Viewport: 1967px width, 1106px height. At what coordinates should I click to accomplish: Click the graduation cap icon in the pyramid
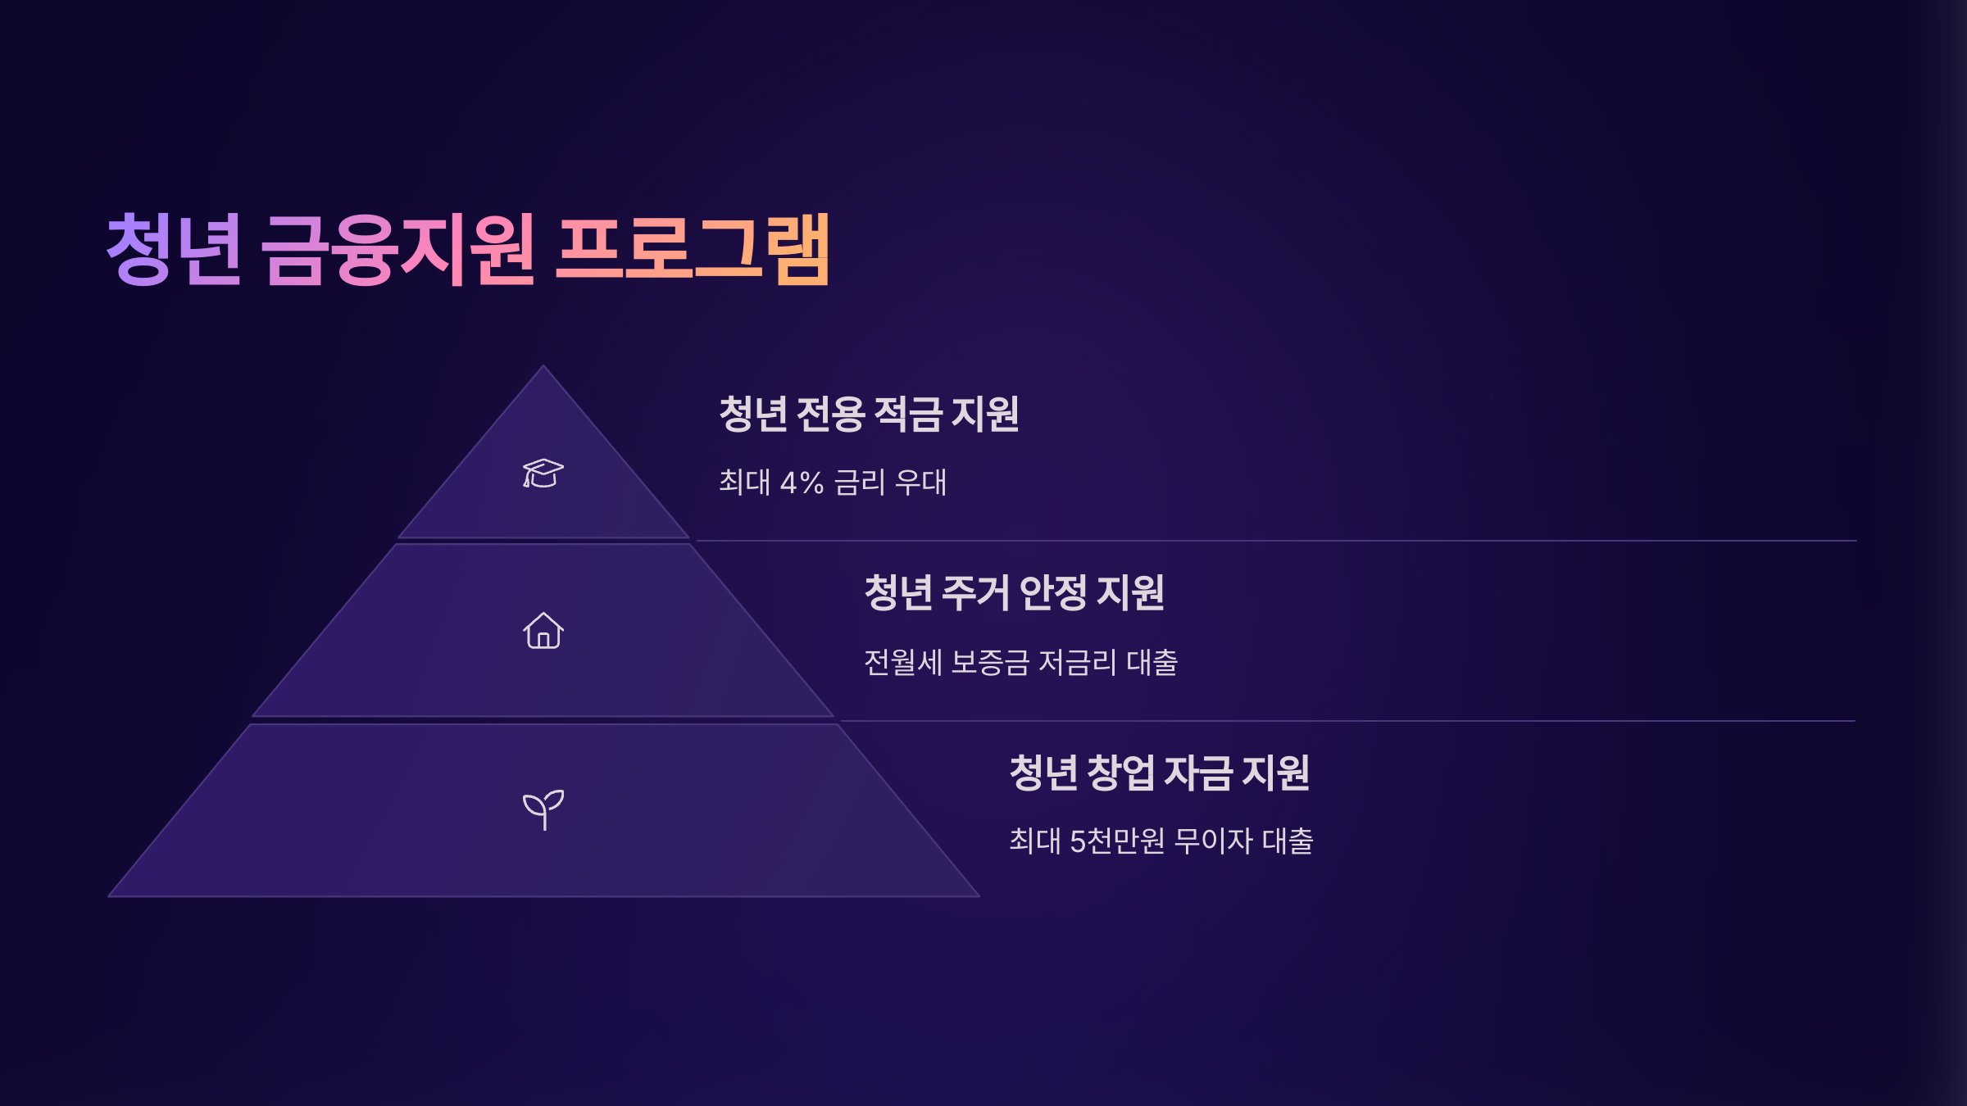(543, 474)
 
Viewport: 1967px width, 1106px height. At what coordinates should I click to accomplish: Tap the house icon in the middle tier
(543, 631)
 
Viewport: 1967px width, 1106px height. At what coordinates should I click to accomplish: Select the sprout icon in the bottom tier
(543, 809)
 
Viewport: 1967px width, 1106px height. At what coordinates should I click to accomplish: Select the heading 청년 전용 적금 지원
(869, 414)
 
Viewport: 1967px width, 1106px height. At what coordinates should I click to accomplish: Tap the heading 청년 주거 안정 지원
(1014, 592)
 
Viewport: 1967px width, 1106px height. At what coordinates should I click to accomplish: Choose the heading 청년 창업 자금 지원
(1159, 773)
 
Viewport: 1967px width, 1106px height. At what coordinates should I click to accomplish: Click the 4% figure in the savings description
(802, 483)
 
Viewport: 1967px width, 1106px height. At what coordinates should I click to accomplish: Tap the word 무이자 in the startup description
(1213, 841)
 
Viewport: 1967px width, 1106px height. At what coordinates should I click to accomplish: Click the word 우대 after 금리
(920, 483)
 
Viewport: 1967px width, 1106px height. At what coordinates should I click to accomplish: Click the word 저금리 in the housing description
(1077, 662)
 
